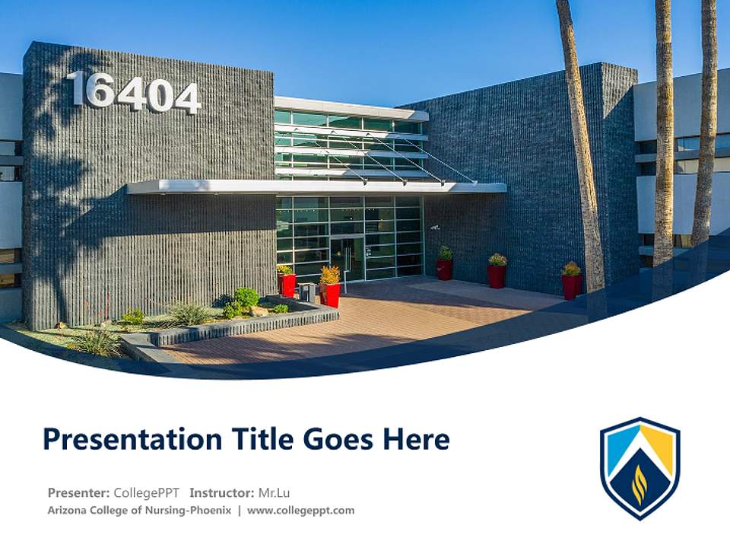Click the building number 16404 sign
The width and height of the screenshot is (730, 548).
135,92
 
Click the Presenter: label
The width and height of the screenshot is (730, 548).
78,492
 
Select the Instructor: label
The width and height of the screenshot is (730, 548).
221,492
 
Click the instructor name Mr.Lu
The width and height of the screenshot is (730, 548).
275,492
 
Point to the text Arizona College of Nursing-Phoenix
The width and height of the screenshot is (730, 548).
139,511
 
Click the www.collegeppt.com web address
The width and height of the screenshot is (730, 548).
301,511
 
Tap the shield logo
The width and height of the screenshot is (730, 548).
640,467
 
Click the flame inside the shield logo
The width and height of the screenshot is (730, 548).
640,486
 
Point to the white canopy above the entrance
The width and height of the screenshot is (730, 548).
316,186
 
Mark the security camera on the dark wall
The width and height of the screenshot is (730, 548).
435,227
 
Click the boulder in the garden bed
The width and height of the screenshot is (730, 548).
259,311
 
